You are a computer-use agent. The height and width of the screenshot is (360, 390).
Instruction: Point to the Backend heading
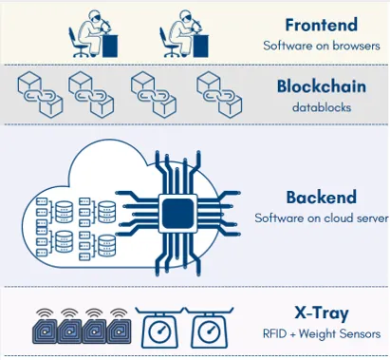tap(321, 198)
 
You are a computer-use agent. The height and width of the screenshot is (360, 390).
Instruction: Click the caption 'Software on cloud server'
tap(321, 218)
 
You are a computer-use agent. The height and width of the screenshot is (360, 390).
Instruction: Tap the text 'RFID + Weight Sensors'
tap(322, 333)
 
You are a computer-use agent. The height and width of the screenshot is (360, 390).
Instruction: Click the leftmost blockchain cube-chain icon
tap(40, 90)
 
